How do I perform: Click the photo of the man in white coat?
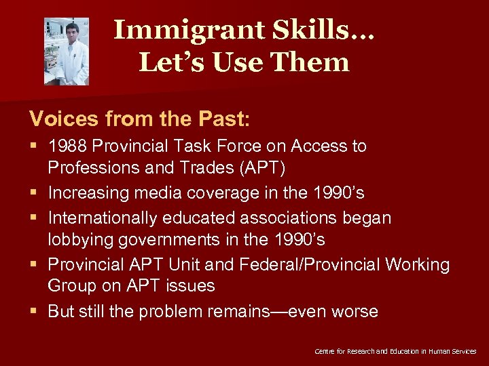click(67, 51)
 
